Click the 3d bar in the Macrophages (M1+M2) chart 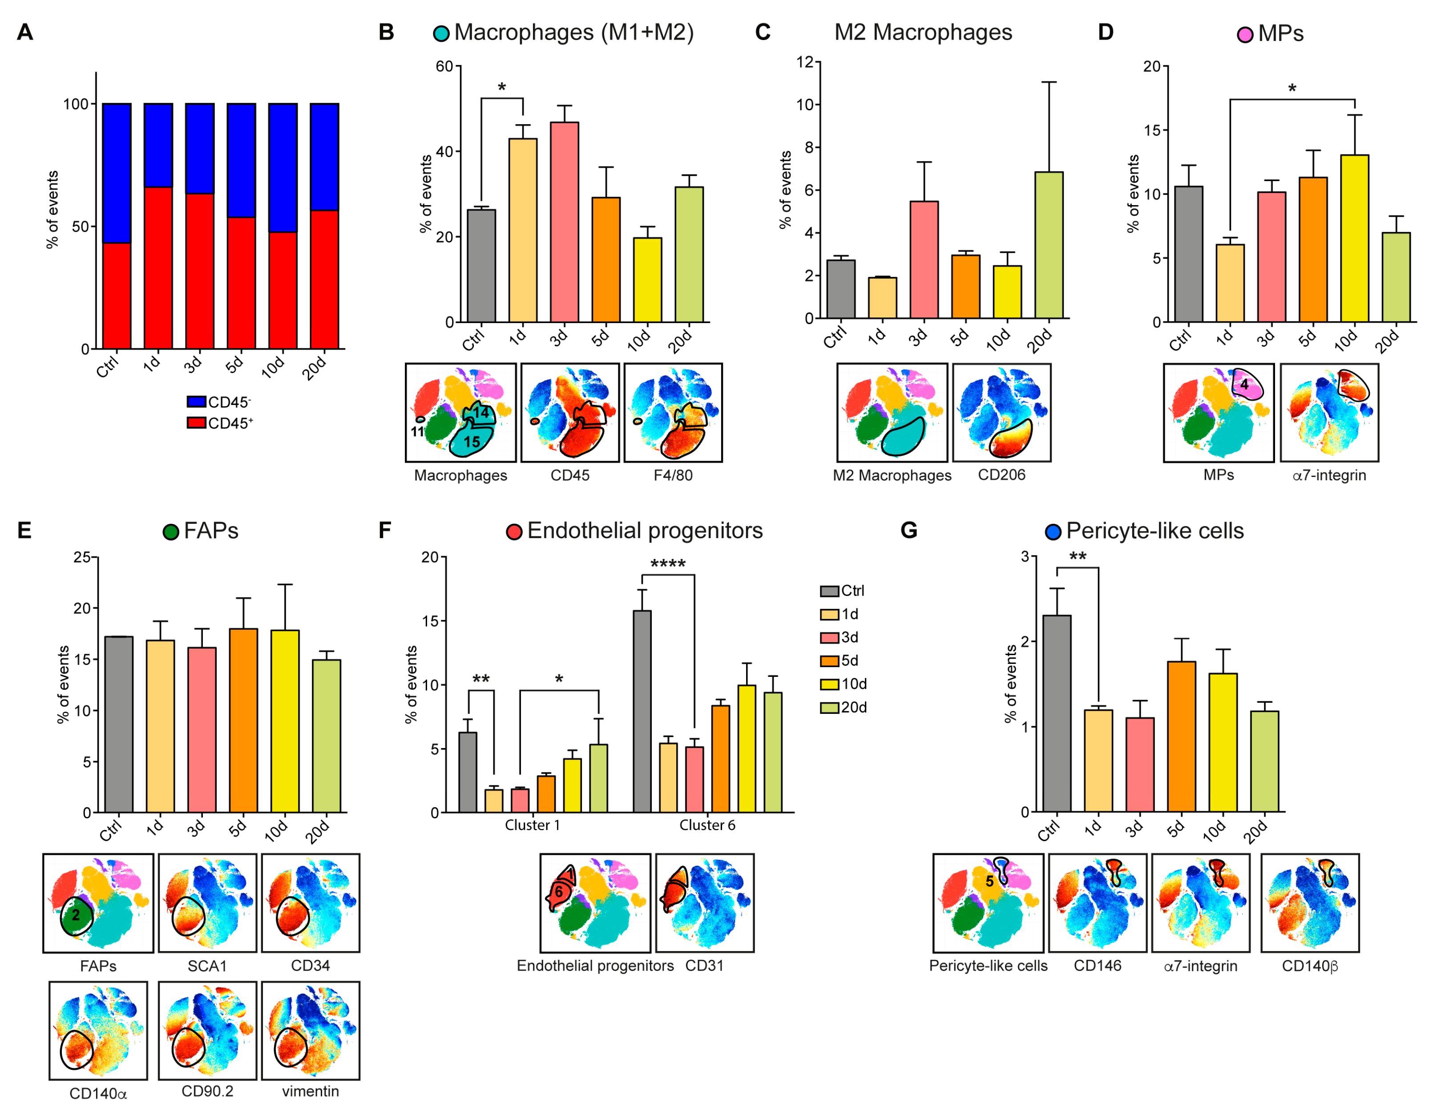[564, 223]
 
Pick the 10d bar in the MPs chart [1354, 239]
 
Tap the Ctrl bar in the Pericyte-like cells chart [1057, 713]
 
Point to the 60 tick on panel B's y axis [444, 66]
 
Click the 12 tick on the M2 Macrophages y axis [805, 62]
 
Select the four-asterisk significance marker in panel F [667, 564]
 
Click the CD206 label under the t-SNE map [1001, 475]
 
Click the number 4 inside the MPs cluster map [1244, 385]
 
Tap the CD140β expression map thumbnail [1309, 903]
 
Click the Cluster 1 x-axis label [532, 825]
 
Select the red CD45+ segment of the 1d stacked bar [158, 268]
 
